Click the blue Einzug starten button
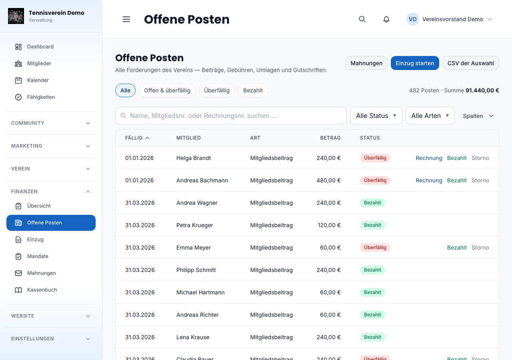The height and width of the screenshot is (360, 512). [x=415, y=63]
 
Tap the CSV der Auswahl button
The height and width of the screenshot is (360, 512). [x=470, y=63]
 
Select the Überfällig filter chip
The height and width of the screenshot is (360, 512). [x=216, y=90]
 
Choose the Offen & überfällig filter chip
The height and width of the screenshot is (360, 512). [x=167, y=90]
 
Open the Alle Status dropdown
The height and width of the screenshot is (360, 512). [x=376, y=116]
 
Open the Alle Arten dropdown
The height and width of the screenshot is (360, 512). [x=430, y=116]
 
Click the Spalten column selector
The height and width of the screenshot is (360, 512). [x=478, y=116]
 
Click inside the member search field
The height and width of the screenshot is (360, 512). [x=231, y=116]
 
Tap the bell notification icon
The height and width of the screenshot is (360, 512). [x=386, y=19]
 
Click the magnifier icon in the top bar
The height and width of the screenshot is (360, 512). [x=362, y=19]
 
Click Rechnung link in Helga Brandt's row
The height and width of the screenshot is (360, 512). [x=429, y=158]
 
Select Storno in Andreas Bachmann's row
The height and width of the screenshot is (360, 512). [x=480, y=180]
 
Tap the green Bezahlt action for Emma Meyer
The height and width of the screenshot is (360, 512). [x=457, y=248]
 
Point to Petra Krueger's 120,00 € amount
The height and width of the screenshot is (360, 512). [x=329, y=225]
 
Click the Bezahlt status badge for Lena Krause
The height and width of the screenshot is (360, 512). [x=372, y=337]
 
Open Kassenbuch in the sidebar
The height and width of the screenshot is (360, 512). [x=42, y=290]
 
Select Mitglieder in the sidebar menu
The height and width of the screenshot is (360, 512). [x=39, y=63]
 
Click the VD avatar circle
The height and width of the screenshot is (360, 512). [x=412, y=19]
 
